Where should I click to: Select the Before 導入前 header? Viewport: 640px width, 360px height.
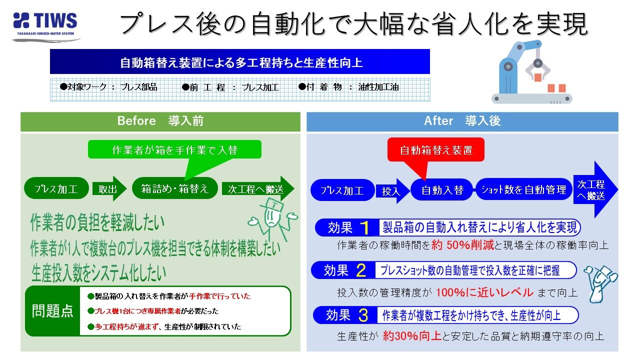point(160,121)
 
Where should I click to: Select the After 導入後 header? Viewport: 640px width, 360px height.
point(462,121)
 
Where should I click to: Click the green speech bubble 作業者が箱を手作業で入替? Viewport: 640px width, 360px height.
point(174,150)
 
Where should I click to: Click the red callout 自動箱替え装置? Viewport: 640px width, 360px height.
point(436,149)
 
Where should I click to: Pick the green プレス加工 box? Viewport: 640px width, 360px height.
point(55,189)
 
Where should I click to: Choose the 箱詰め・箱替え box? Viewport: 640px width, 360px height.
point(174,189)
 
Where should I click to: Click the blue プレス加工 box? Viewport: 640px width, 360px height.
point(342,190)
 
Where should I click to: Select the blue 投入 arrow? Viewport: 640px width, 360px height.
point(392,190)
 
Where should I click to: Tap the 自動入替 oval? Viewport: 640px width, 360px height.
point(442,190)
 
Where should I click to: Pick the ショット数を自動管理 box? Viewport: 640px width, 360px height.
point(523,189)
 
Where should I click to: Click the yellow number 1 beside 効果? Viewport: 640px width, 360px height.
point(365,228)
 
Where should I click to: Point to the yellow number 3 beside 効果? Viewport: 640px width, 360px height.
point(363,315)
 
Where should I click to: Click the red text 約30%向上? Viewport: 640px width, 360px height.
point(412,336)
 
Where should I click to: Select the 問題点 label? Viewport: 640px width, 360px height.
point(52,311)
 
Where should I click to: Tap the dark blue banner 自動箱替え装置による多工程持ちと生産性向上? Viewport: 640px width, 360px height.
point(240,62)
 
